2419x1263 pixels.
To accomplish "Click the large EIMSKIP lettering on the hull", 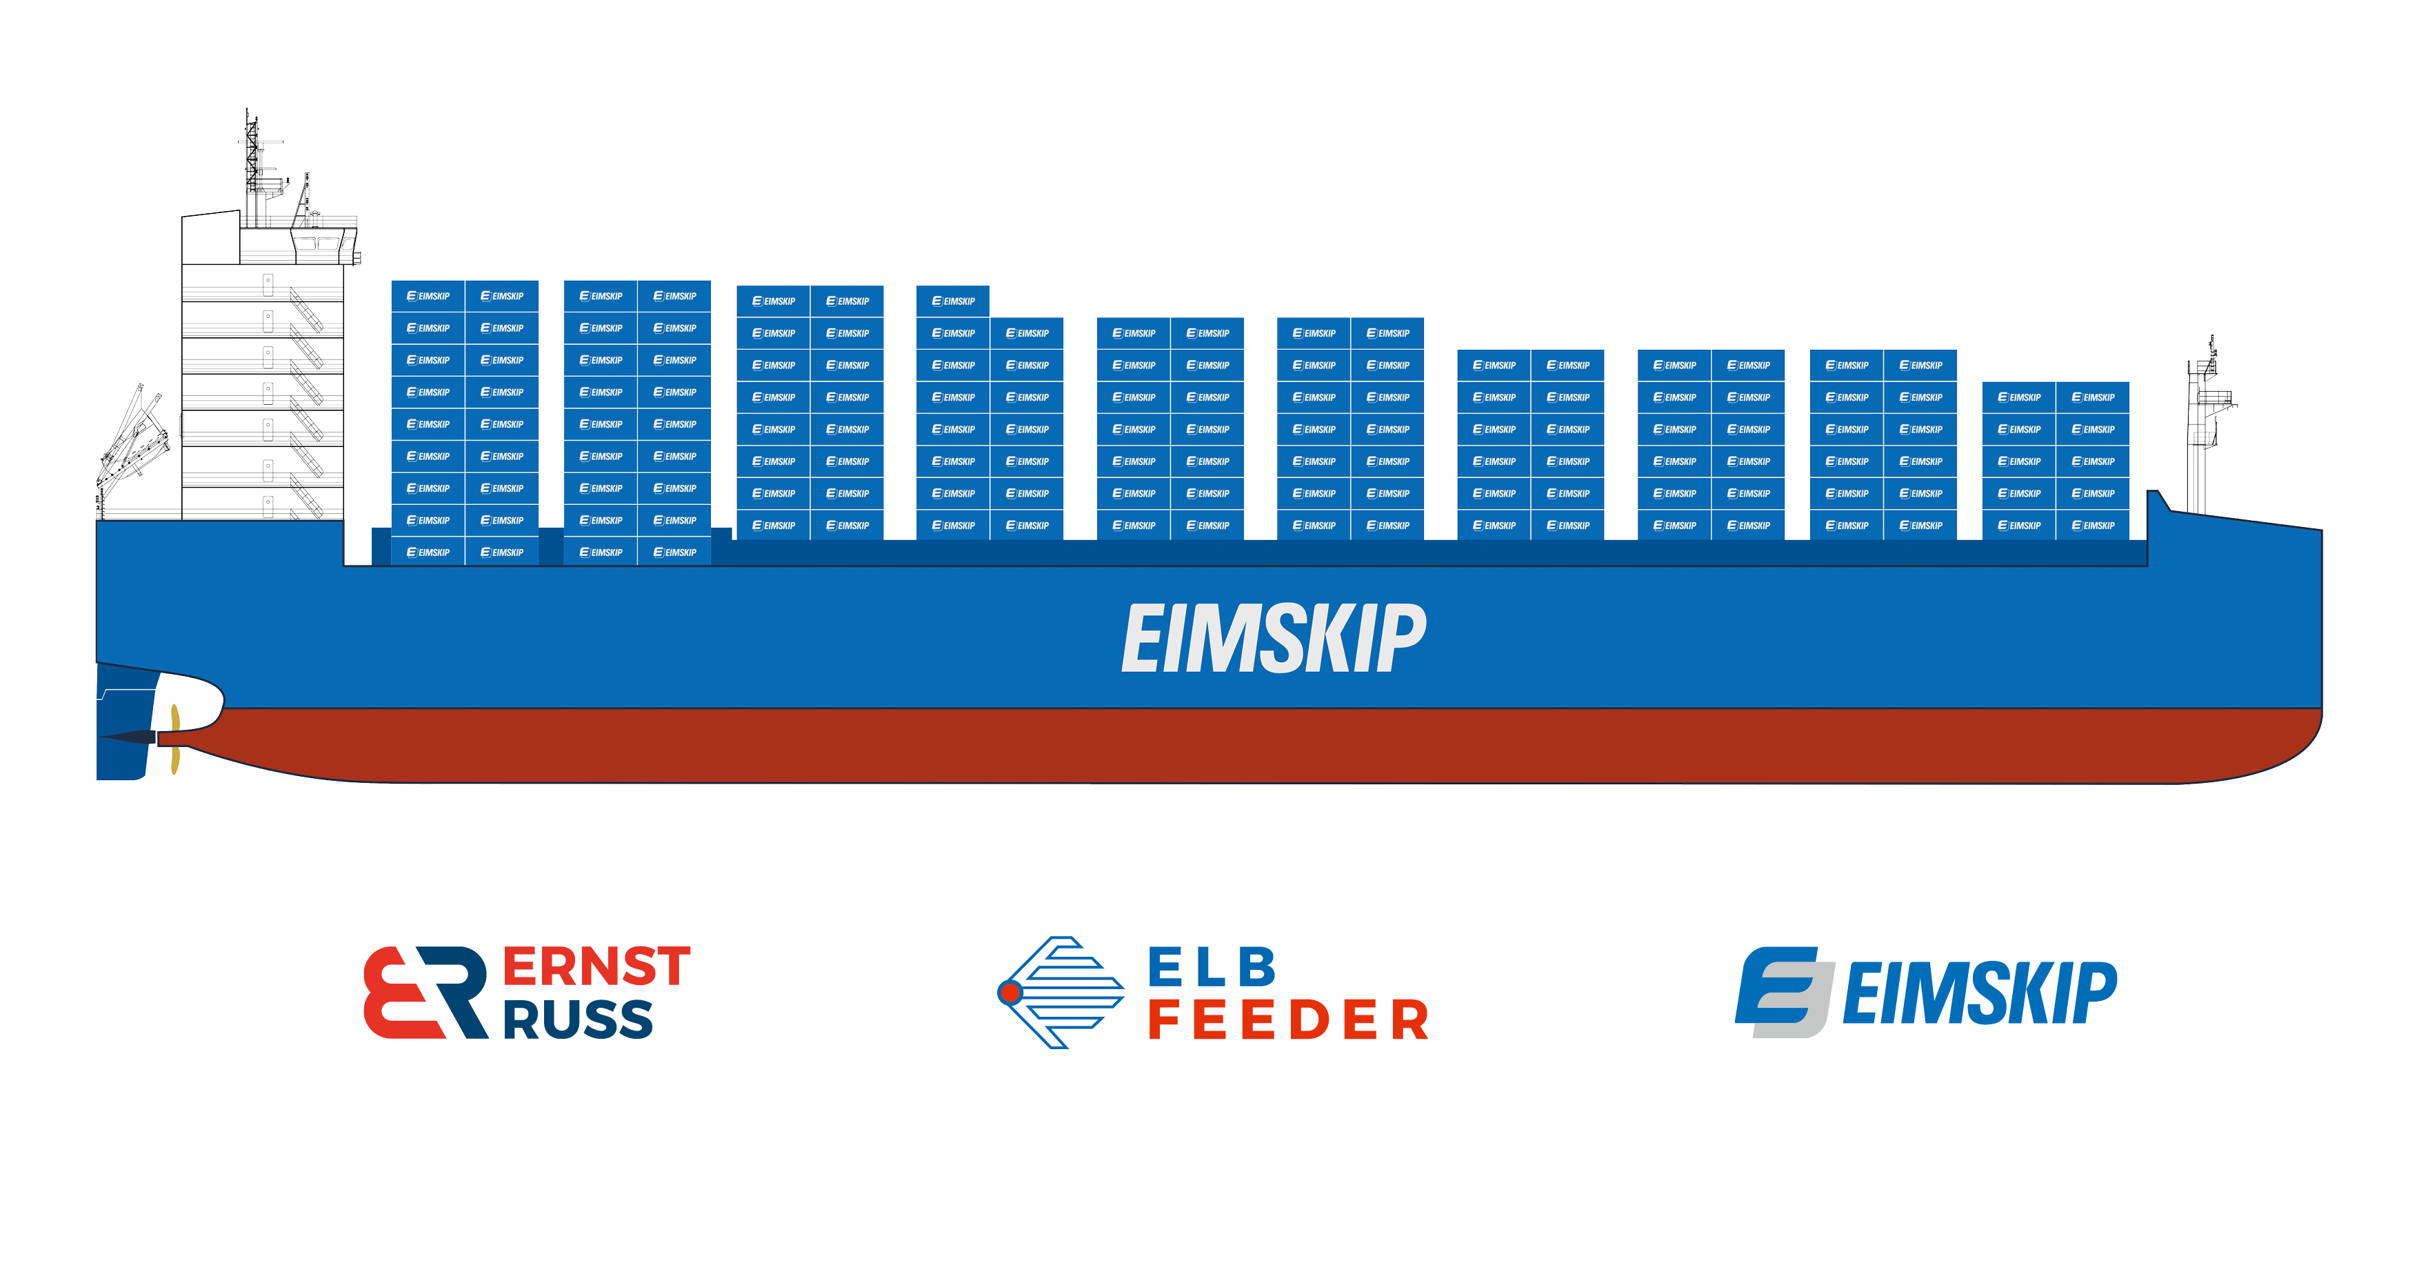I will (x=1274, y=639).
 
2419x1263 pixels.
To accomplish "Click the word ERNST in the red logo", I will (x=596, y=966).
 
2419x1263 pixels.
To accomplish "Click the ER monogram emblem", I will (x=425, y=993).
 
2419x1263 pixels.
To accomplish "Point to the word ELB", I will (x=1212, y=967).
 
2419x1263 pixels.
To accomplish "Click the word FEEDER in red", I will (x=1288, y=1021).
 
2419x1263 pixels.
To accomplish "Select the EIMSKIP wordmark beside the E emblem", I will (x=1980, y=993).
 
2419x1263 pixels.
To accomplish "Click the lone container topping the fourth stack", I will (x=952, y=301).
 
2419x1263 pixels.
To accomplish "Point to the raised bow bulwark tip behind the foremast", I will (x=2157, y=501).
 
